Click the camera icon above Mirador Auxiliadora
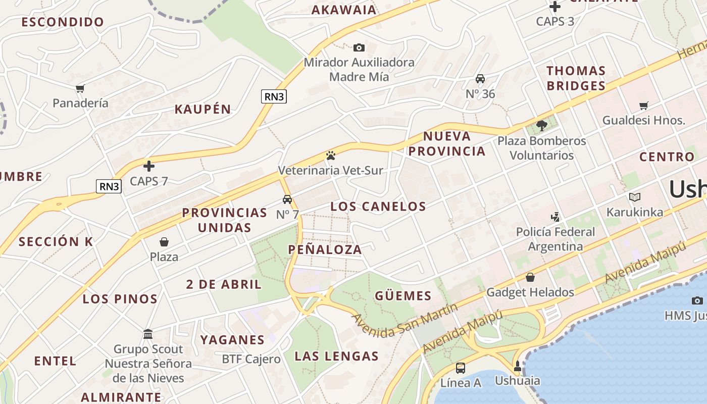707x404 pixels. [x=359, y=47]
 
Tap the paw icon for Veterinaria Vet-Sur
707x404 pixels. [x=331, y=155]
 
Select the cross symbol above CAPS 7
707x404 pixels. [x=149, y=166]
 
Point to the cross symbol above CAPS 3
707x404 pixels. [x=555, y=7]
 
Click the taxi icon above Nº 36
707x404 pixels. [x=480, y=79]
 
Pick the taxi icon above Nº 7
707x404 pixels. [x=287, y=199]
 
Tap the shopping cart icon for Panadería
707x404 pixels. [x=80, y=88]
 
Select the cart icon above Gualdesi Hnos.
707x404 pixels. [x=643, y=106]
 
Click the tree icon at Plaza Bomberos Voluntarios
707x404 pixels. [x=542, y=125]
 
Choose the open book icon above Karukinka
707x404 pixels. [x=635, y=197]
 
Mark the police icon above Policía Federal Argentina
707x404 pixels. [x=555, y=217]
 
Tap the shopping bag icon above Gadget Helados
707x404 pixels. [x=530, y=277]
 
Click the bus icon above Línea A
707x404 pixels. [x=461, y=368]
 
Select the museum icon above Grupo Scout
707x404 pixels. [x=148, y=334]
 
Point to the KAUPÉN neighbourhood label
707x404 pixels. [x=203, y=109]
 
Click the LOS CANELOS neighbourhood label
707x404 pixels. [x=378, y=206]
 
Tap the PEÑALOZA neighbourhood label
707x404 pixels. [x=325, y=249]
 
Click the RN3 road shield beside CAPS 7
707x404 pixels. [x=109, y=186]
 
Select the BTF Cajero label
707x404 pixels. [x=251, y=359]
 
